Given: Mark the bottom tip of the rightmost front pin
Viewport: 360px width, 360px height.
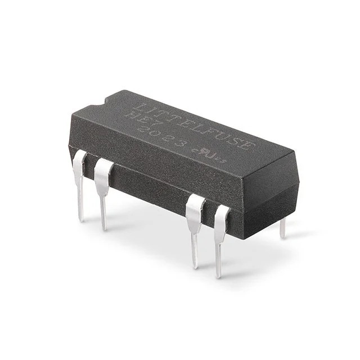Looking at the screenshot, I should coord(218,276).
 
